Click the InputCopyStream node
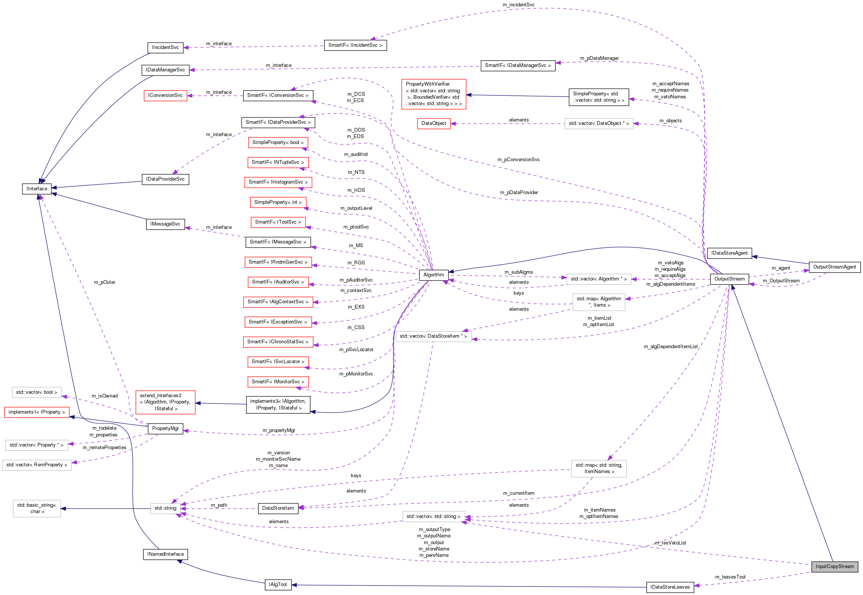click(835, 566)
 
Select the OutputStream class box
click(729, 279)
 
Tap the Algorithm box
click(434, 275)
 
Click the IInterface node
click(37, 188)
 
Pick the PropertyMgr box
click(165, 428)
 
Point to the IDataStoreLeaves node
click(670, 587)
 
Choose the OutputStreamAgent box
click(834, 267)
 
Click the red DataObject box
click(434, 123)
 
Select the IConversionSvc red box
click(165, 95)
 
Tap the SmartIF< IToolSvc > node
click(278, 222)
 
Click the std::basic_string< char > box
click(37, 508)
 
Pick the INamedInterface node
click(165, 554)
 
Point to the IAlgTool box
click(278, 584)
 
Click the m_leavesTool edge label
click(730, 577)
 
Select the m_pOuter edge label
click(104, 282)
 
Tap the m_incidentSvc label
click(518, 4)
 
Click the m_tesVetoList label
click(670, 543)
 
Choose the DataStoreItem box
click(278, 508)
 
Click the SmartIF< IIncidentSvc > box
click(355, 45)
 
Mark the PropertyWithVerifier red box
click(434, 94)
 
